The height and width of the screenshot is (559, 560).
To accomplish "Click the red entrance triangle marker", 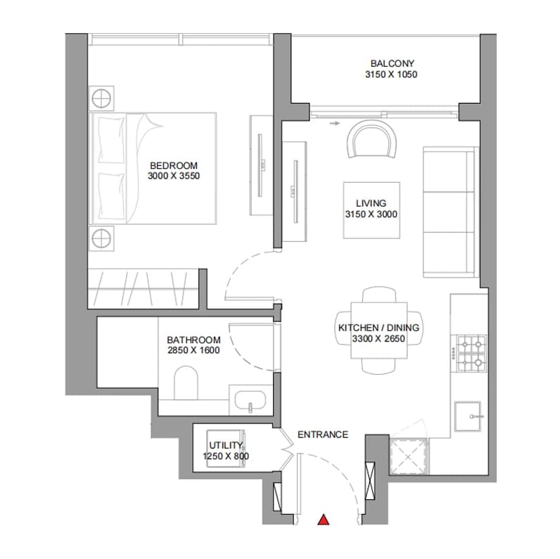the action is tap(324, 520).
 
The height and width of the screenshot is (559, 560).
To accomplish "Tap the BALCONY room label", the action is tap(392, 63).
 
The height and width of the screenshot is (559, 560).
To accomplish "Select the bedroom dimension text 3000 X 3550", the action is tap(174, 176).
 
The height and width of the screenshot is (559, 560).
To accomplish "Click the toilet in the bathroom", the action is tap(186, 383).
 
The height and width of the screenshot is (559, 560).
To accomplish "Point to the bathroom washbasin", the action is tap(250, 400).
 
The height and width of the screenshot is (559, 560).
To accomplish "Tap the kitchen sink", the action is tap(468, 416).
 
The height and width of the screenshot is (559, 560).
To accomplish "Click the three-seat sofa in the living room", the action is tap(451, 212).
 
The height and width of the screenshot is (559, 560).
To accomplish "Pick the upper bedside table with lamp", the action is tap(101, 98).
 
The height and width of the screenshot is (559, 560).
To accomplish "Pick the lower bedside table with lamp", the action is tap(101, 238).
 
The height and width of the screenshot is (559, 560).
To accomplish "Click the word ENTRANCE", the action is tap(323, 435).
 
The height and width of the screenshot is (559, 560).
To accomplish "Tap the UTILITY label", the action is tap(226, 445).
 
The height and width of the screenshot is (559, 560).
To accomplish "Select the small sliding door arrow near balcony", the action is tap(335, 124).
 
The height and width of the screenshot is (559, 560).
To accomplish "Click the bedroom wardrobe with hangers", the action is tap(144, 289).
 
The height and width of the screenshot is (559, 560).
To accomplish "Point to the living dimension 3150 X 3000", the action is tap(371, 214).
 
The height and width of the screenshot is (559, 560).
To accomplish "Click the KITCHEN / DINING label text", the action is tap(378, 328).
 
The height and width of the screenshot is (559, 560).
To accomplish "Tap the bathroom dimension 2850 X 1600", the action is tap(193, 350).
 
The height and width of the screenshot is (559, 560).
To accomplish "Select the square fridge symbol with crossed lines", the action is tap(409, 456).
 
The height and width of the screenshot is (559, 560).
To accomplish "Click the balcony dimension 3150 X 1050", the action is tap(391, 75).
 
